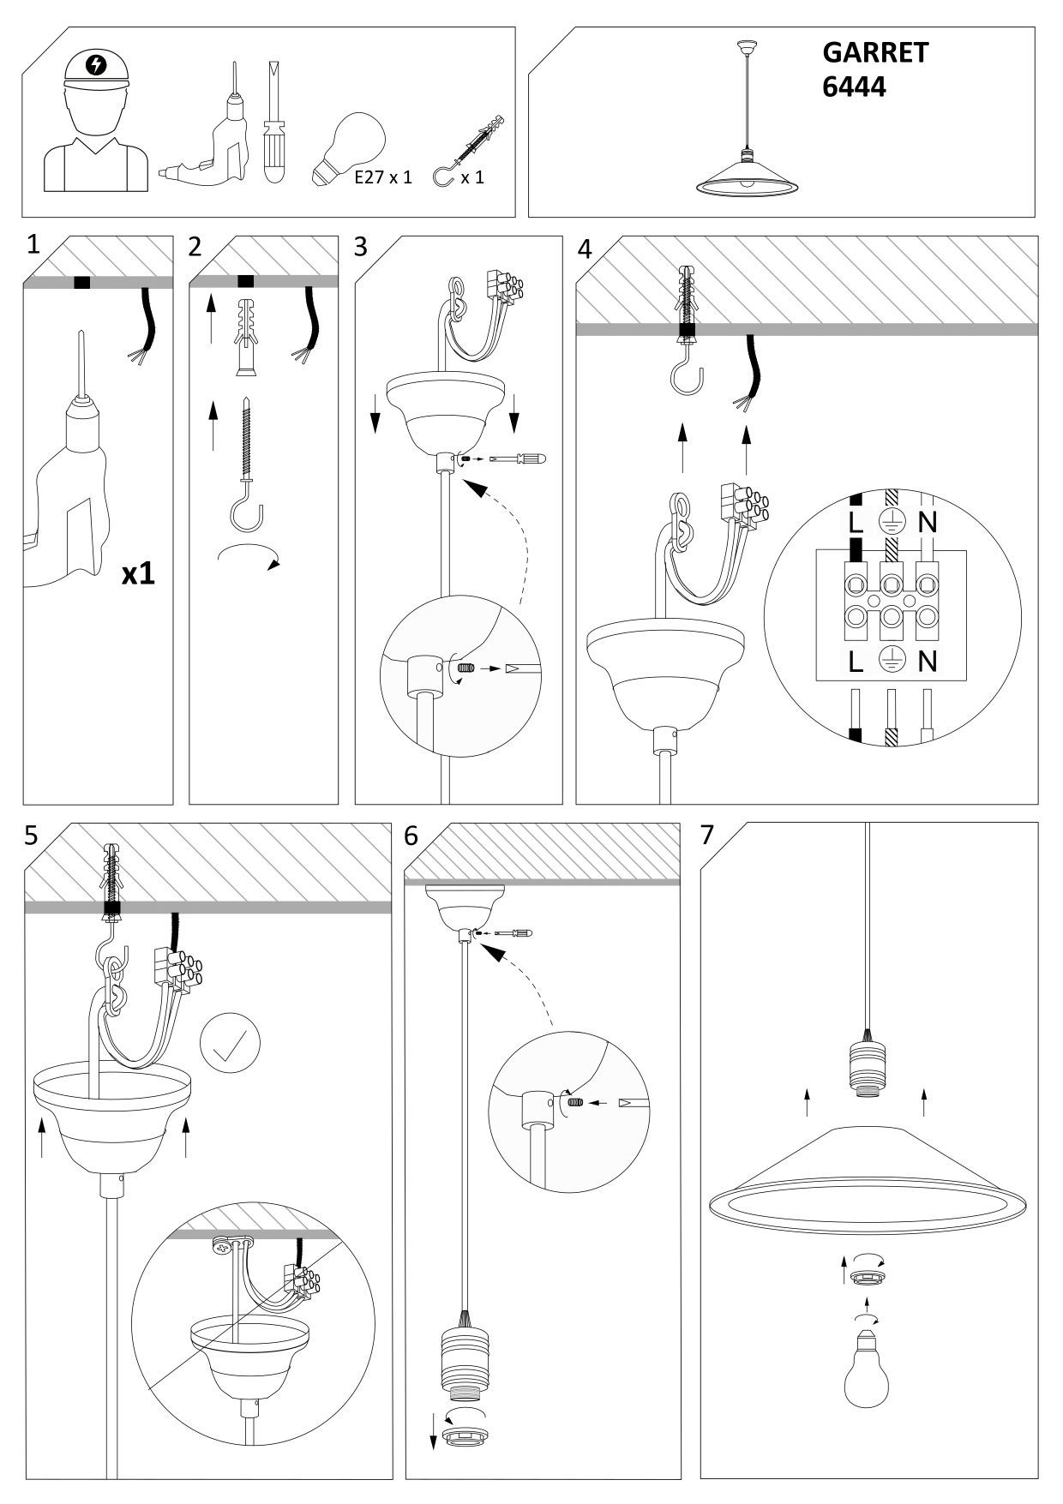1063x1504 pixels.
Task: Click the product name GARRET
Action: (x=875, y=53)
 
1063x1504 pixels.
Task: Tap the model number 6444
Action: (x=854, y=87)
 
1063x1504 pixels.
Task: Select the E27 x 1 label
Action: (x=383, y=177)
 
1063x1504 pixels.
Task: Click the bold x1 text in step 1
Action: (x=137, y=573)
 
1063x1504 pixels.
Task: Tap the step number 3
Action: (x=361, y=247)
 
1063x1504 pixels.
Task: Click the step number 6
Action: (x=411, y=835)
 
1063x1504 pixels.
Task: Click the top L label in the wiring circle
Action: (x=856, y=522)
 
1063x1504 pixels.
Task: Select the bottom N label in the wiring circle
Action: (x=927, y=661)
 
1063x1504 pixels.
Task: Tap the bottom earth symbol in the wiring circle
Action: (x=892, y=661)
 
